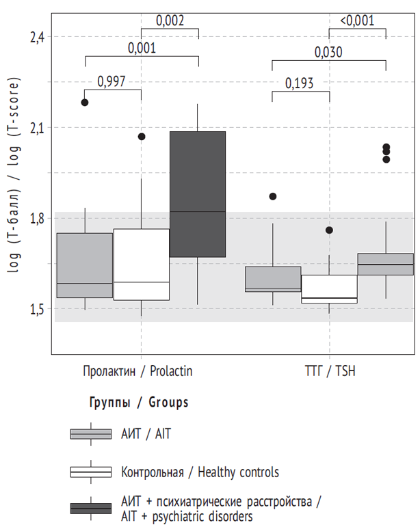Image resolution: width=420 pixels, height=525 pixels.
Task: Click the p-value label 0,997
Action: pos(112,82)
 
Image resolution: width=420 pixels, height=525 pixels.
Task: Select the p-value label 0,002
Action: pos(170,21)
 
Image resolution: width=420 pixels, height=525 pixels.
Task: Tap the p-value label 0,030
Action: pos(328,52)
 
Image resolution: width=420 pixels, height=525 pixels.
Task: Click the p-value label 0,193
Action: pos(300,83)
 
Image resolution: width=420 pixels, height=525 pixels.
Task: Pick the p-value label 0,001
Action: pos(142,48)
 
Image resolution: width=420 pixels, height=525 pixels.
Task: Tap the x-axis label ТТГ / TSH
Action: pos(329,371)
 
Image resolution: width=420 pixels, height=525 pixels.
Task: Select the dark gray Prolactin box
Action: pos(198,194)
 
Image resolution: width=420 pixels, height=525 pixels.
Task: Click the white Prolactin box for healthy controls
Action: pos(141,264)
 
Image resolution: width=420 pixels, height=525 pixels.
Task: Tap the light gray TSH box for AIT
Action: pos(272,279)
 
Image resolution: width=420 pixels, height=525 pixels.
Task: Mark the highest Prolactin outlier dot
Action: pos(85,103)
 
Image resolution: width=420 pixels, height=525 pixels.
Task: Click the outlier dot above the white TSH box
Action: pos(329,230)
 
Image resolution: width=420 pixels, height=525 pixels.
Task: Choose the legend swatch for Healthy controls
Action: pos(91,472)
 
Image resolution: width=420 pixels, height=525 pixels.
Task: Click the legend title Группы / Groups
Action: pos(139,402)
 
